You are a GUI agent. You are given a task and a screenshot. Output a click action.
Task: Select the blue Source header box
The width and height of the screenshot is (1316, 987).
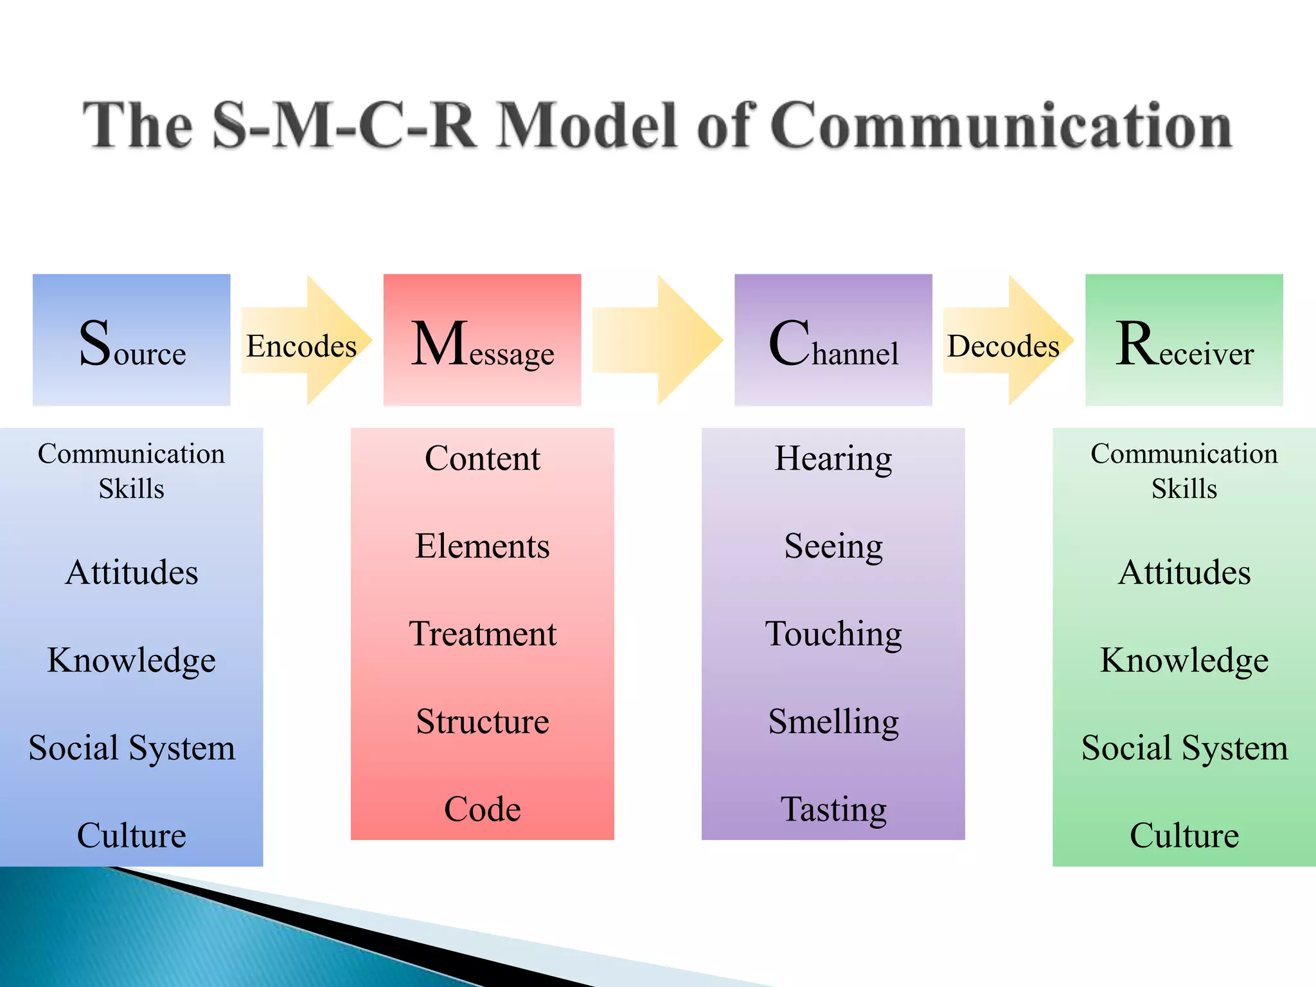[x=132, y=340]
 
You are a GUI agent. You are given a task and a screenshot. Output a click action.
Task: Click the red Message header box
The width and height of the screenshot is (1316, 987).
[x=482, y=340]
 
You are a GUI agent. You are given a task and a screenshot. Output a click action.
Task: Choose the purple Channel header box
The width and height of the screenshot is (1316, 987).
[x=833, y=340]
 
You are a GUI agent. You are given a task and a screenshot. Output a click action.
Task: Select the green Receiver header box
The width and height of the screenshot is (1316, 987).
[x=1184, y=340]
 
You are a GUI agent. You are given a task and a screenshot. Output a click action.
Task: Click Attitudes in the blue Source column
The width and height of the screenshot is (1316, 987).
[x=132, y=572]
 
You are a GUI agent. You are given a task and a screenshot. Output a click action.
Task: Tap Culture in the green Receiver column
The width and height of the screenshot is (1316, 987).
[x=1184, y=835]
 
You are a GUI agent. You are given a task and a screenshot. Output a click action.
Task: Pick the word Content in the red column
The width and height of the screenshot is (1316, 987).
[x=483, y=458]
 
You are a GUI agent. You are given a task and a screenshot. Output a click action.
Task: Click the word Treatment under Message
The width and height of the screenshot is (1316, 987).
[x=483, y=634]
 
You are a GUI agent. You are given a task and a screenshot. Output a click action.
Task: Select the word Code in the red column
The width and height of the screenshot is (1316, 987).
[x=483, y=809]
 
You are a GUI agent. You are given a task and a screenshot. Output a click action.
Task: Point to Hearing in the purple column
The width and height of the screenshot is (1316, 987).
[x=833, y=458]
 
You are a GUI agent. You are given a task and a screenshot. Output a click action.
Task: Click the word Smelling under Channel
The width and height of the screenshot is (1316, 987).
[x=833, y=721]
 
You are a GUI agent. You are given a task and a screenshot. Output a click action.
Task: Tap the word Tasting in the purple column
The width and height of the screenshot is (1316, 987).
[x=833, y=809]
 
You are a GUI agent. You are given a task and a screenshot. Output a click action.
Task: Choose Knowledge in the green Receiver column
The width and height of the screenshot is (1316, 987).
[x=1184, y=660]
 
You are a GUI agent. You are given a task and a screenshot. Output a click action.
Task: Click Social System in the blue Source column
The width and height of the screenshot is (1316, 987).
[x=132, y=747]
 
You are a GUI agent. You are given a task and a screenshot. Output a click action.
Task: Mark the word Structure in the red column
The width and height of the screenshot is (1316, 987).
[x=483, y=721]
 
